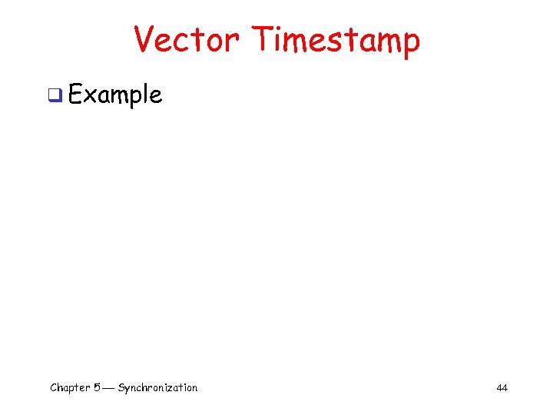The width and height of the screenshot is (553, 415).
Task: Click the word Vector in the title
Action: (187, 39)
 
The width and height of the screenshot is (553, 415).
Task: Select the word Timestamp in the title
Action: (336, 39)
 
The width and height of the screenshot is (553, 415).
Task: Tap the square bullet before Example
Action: (55, 95)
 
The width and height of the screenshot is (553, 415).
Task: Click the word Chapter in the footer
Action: (70, 387)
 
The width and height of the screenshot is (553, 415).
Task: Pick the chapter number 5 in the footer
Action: (96, 387)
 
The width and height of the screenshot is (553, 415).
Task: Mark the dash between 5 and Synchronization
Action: (108, 388)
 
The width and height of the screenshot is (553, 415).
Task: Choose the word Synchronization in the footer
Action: (157, 387)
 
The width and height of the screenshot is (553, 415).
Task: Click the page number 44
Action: (502, 388)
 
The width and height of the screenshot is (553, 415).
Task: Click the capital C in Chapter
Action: (54, 387)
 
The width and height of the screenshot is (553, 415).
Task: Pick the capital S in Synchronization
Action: (121, 387)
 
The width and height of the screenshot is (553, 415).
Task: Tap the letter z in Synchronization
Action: (171, 388)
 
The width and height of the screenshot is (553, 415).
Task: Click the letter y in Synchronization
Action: (127, 390)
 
